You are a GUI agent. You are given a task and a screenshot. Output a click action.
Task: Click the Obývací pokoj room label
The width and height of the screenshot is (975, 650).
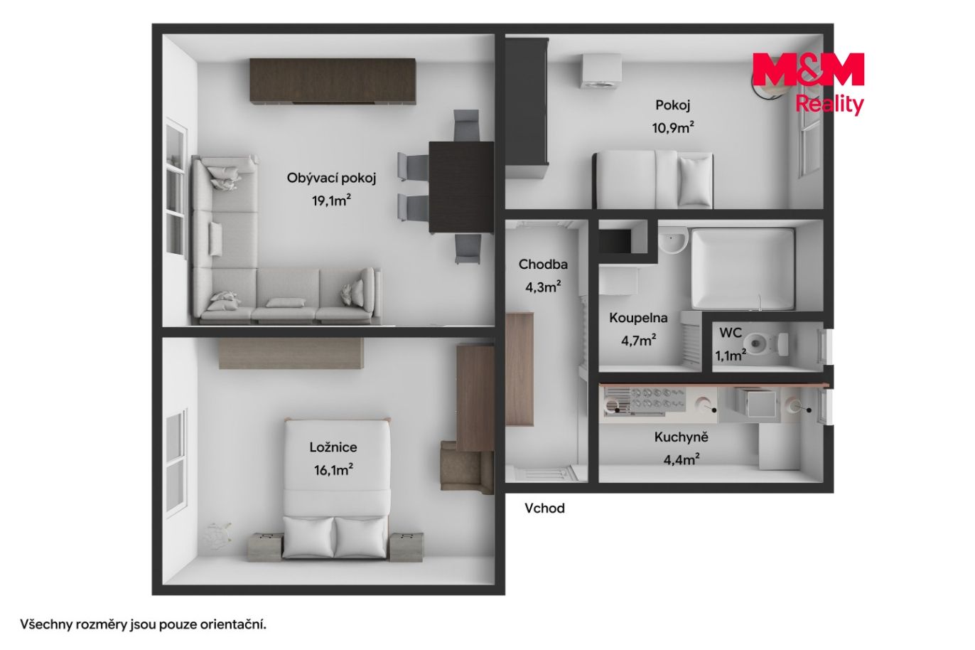point(331,179)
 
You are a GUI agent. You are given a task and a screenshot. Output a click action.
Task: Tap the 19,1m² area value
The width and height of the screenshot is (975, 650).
point(331,201)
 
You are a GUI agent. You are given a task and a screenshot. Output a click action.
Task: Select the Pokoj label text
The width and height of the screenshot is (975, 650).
point(673,105)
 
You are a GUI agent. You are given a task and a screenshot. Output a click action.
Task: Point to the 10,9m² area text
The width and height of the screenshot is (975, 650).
point(673,127)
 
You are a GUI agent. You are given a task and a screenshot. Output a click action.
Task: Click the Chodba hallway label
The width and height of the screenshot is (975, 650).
point(543,265)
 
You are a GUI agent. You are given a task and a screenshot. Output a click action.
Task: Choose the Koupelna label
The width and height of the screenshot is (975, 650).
point(638,318)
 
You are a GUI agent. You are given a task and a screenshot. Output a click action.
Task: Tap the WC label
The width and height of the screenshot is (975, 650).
point(731,333)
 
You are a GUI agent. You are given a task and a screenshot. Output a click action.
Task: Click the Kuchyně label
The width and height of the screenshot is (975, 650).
point(682,437)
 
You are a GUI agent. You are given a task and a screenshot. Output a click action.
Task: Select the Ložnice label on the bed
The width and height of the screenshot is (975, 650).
point(333,447)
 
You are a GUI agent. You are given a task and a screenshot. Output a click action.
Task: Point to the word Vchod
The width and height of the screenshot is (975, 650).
point(544,508)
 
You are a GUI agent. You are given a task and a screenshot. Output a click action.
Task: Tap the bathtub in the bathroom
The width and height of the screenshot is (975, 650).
point(743,269)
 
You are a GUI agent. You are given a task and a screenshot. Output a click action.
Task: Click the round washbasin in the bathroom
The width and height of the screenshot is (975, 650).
point(672,241)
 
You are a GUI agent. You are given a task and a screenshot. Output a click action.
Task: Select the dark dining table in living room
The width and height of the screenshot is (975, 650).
point(461,187)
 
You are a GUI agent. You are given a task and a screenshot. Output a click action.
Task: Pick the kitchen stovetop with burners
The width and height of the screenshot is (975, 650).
point(657,400)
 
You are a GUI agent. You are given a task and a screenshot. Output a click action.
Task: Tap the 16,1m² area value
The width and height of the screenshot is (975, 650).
point(333,470)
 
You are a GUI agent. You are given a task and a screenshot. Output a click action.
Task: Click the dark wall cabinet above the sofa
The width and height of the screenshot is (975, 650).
point(333,82)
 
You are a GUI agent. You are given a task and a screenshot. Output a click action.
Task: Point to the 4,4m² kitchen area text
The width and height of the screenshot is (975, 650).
point(682,459)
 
